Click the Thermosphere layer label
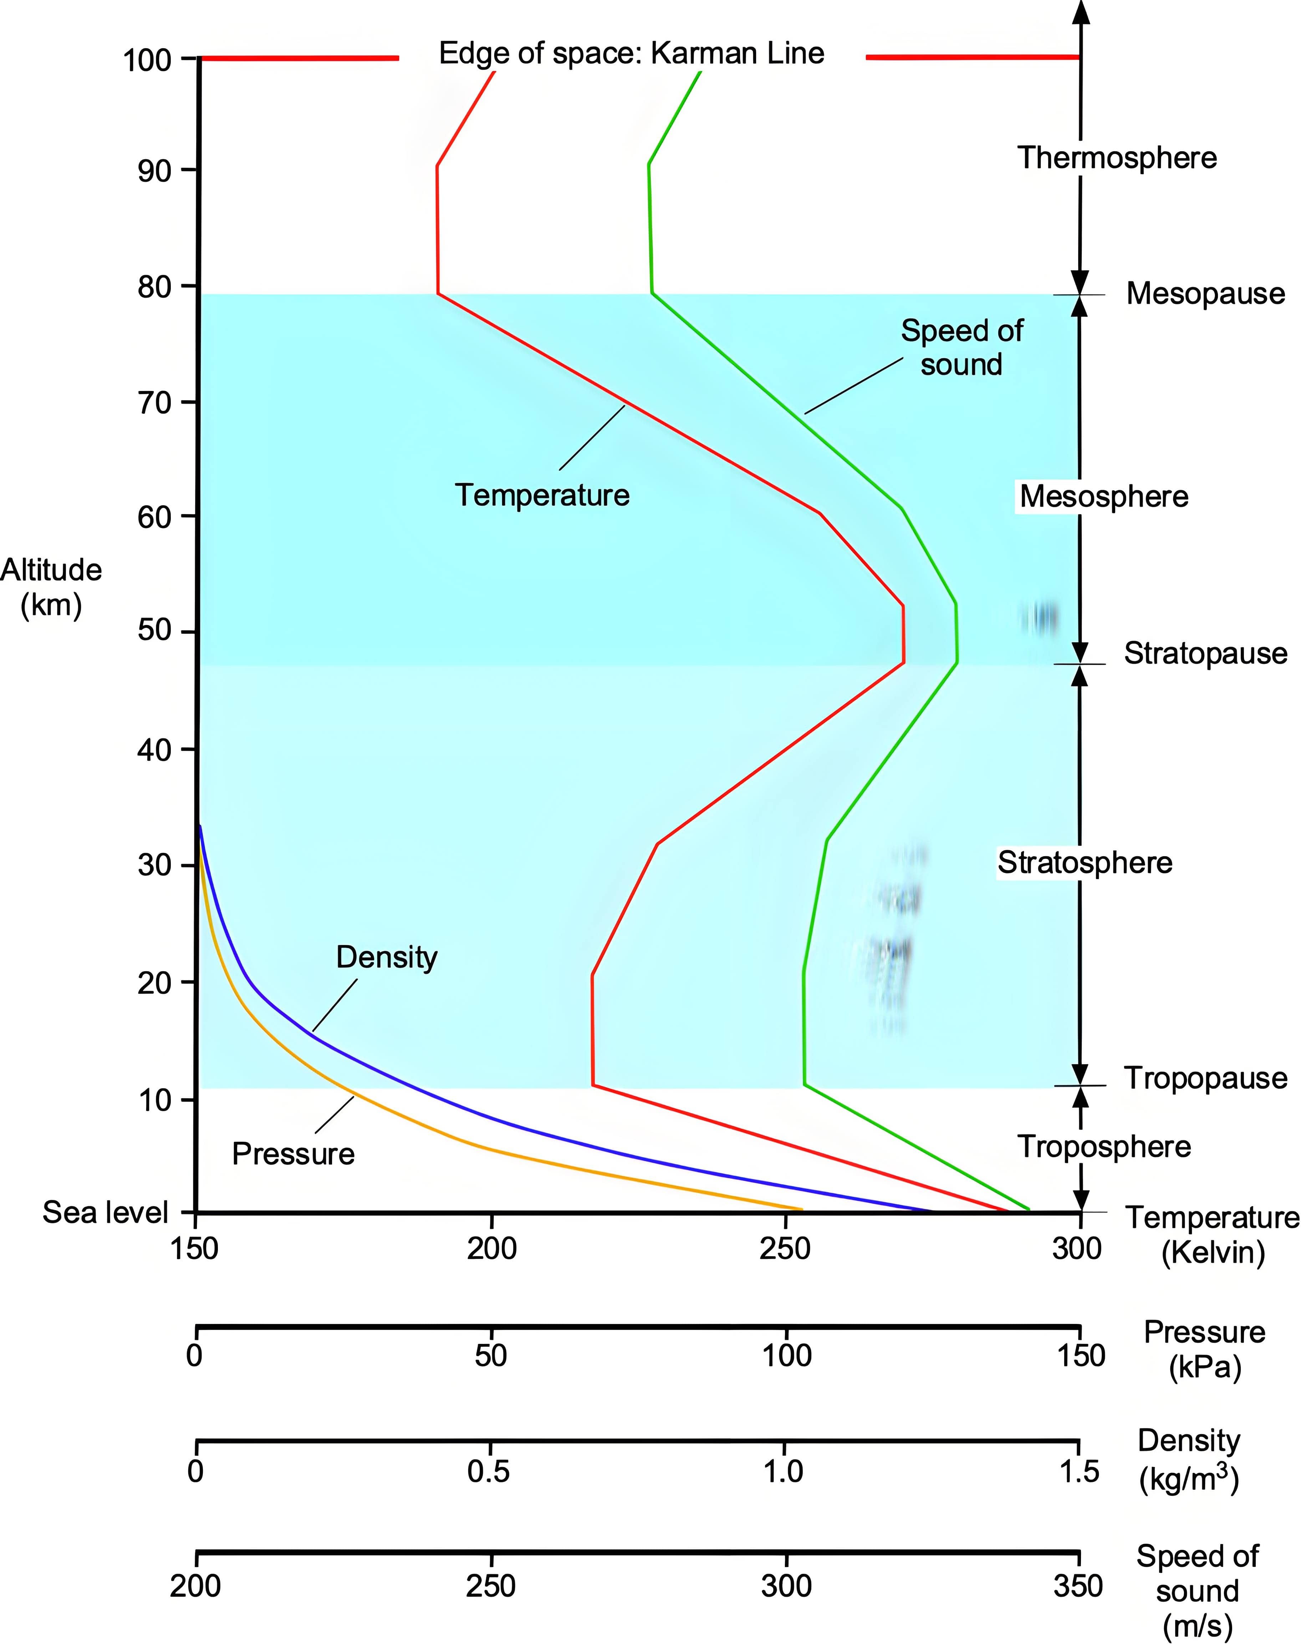coord(1117,158)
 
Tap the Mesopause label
coord(1206,293)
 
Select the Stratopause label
coord(1206,654)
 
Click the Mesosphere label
coord(1104,497)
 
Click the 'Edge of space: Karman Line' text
coord(632,53)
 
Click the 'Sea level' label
coord(105,1212)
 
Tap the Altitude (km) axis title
coord(51,587)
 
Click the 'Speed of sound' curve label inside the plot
coord(962,347)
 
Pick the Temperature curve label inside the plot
coord(542,495)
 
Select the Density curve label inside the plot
coord(387,958)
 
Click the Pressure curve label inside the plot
coord(293,1154)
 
